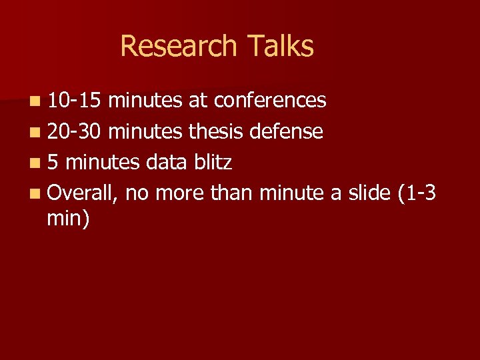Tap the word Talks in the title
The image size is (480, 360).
click(x=280, y=47)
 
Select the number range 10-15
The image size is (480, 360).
click(x=75, y=101)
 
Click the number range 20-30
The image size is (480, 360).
click(x=75, y=131)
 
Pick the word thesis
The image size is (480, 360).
click(x=216, y=131)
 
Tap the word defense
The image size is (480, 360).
click(x=287, y=131)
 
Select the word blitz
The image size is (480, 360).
click(x=212, y=162)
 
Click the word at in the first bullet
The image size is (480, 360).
click(x=197, y=101)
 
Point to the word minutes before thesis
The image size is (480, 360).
click(x=145, y=131)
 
